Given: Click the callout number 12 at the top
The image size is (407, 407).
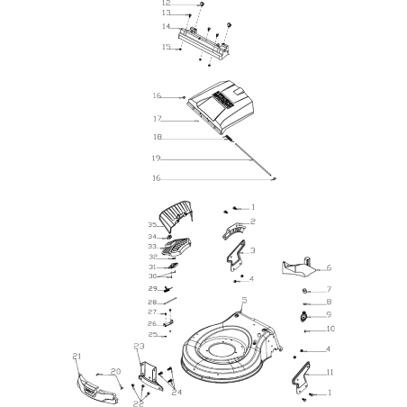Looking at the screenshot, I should point(165,4).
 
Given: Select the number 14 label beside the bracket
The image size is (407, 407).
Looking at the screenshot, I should point(165,26).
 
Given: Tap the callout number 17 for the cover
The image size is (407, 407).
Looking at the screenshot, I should point(157,119).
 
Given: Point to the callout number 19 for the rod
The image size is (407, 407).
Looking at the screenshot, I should point(157,158).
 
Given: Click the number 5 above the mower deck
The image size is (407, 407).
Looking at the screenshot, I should point(244,300).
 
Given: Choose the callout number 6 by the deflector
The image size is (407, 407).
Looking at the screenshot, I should point(329,267).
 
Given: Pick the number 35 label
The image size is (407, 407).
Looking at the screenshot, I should point(152,225).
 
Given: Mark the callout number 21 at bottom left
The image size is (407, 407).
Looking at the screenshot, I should point(77,357).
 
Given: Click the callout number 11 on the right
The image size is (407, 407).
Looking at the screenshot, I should point(330,372).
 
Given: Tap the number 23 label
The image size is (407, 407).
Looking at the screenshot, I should point(139,347).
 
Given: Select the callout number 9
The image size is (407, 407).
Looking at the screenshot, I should point(329,314).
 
